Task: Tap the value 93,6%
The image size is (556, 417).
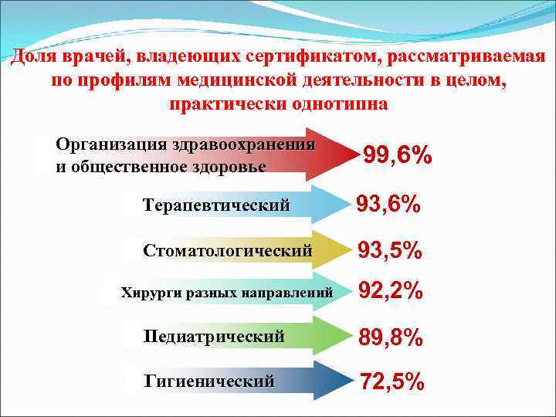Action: coord(388,205)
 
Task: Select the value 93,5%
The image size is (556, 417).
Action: coord(389,251)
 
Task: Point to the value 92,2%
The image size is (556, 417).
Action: coord(391,292)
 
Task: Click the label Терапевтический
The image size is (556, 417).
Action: coord(216,205)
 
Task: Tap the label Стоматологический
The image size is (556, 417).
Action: coord(228,251)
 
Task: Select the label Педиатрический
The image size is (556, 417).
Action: coord(214,337)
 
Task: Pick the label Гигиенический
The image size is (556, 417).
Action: coord(209,381)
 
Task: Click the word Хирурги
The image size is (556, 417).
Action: coord(146,293)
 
